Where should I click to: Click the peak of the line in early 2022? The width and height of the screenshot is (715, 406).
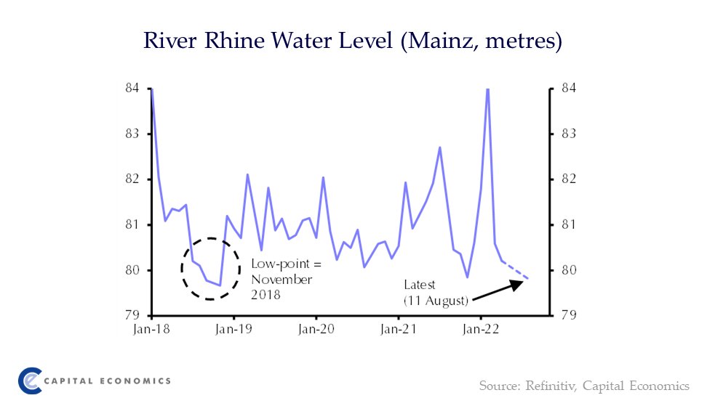tap(487, 89)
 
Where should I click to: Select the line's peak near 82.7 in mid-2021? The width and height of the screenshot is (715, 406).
tap(440, 147)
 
